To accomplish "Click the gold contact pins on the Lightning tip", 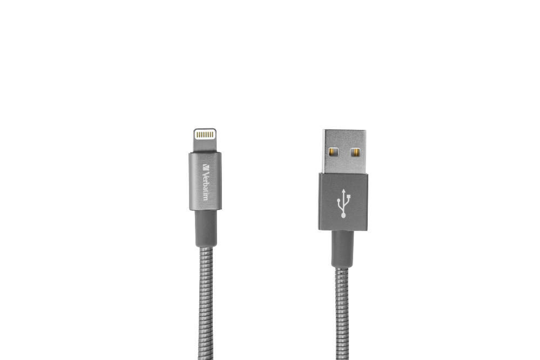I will (x=205, y=132).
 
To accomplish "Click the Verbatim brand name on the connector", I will (x=205, y=181).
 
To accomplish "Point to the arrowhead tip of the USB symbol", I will (x=343, y=191).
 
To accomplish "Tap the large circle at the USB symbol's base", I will (x=343, y=215).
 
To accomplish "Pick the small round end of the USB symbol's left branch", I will (x=339, y=201).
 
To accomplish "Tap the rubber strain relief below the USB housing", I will (x=343, y=248).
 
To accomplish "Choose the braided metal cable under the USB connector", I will (x=343, y=313).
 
